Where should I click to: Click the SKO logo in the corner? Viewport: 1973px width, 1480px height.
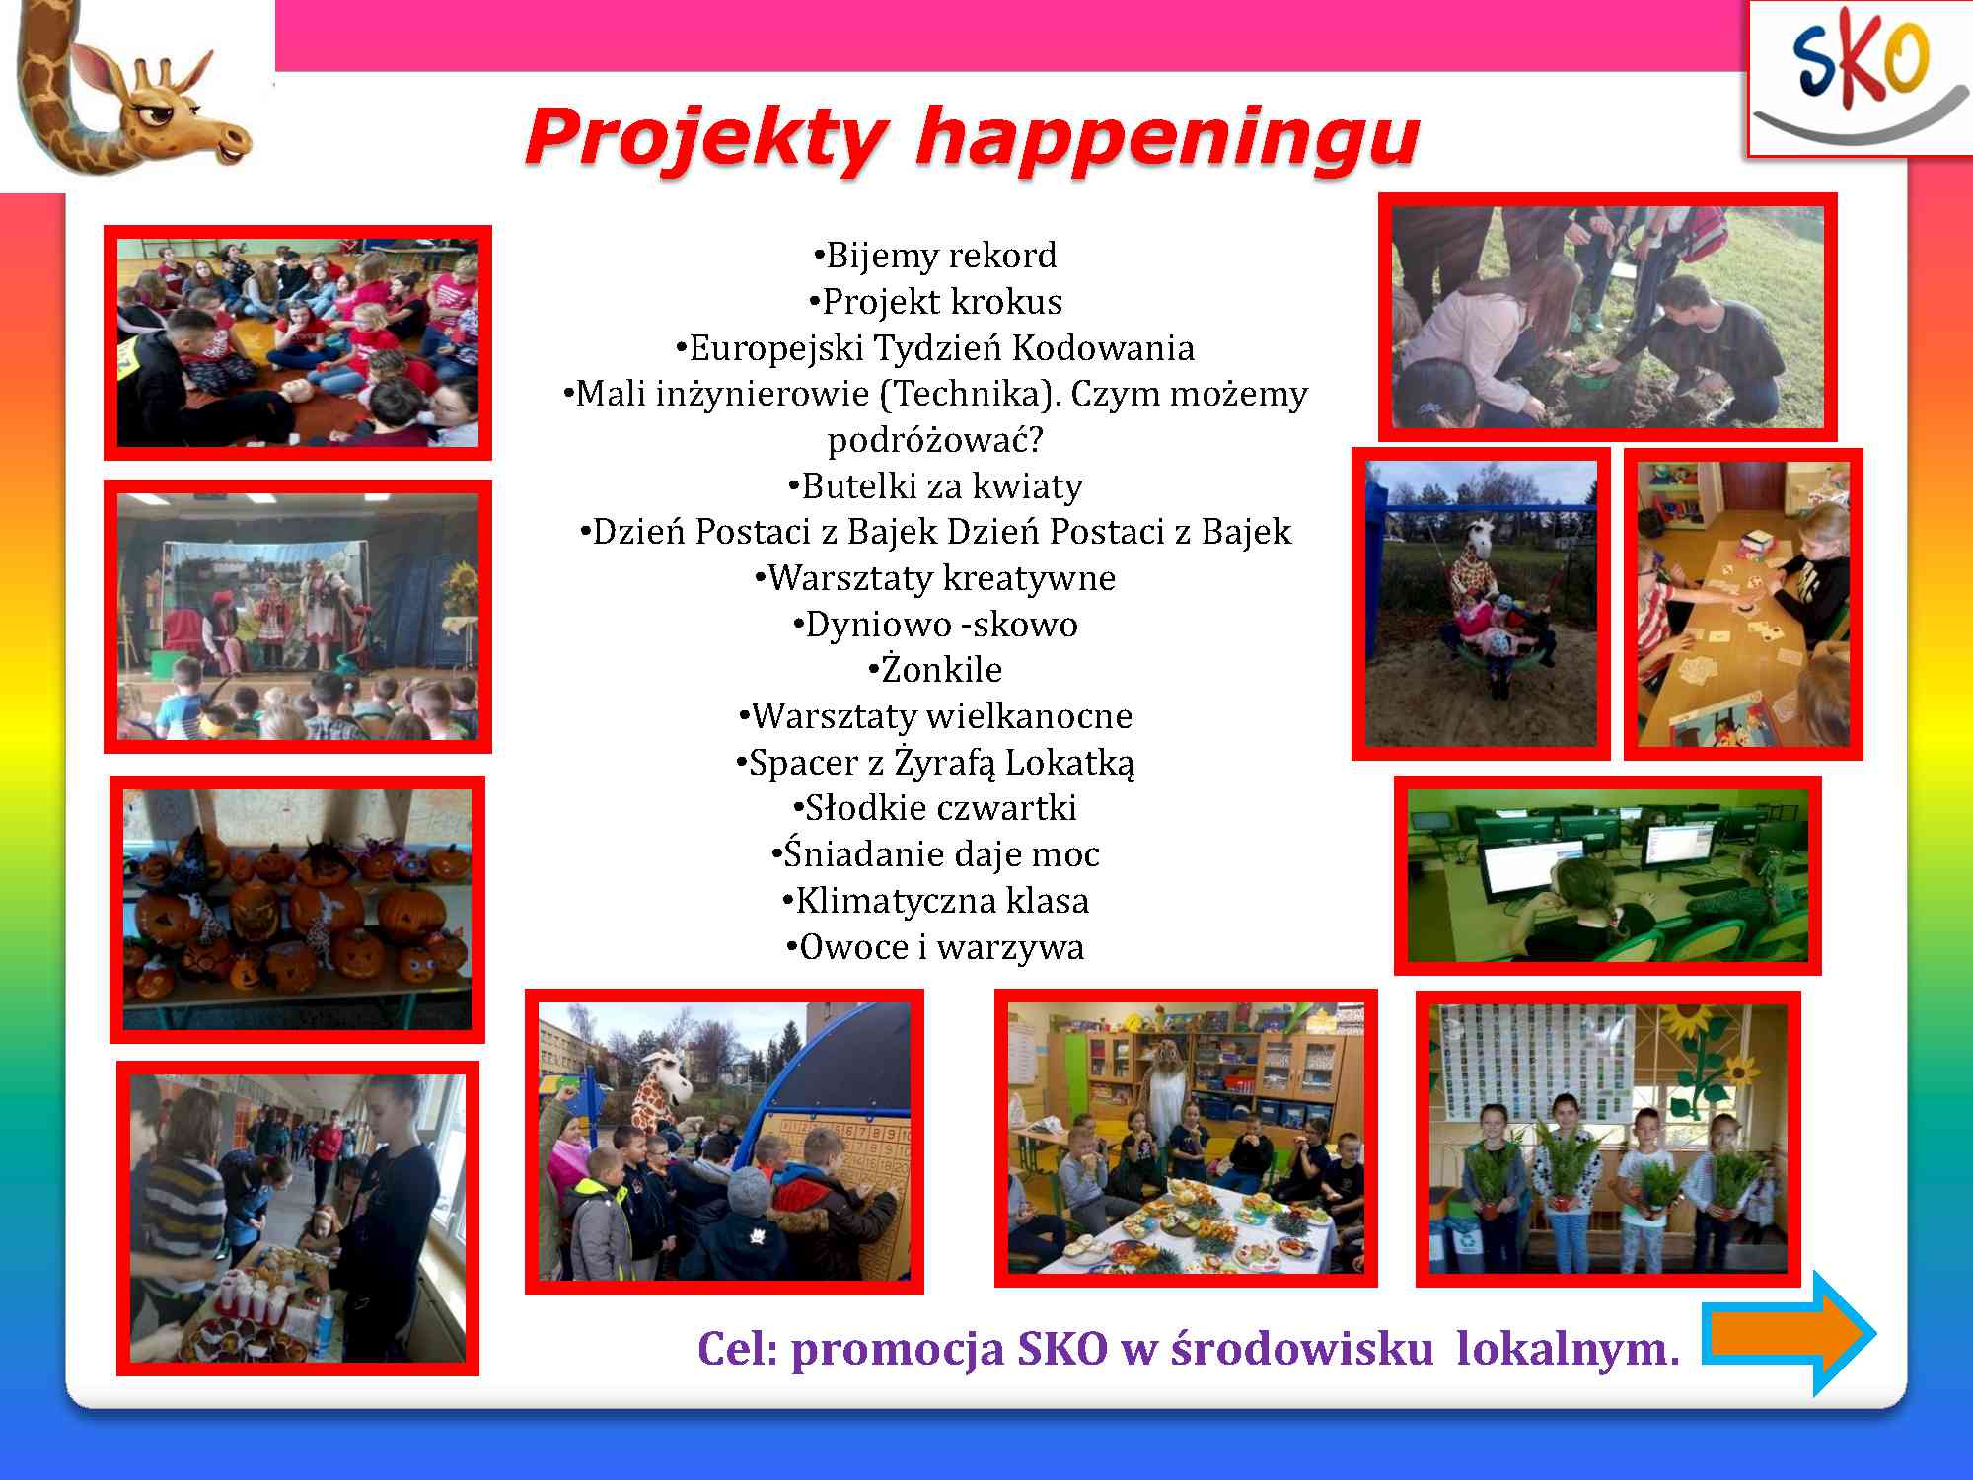click(x=1859, y=79)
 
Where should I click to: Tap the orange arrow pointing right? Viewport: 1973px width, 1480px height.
click(x=1789, y=1333)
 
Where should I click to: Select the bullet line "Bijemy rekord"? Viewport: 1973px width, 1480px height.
click(x=934, y=256)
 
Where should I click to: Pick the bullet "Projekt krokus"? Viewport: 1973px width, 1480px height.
click(x=934, y=301)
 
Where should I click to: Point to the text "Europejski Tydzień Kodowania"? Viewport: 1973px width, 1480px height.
click(x=934, y=347)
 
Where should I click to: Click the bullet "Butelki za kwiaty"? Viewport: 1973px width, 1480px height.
click(x=934, y=485)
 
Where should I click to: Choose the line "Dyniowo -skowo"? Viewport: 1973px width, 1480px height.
click(x=934, y=624)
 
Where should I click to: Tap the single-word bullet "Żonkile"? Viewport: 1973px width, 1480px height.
click(x=934, y=669)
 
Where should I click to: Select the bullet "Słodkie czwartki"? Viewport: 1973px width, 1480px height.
click(x=934, y=807)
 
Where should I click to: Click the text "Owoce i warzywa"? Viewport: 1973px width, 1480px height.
click(x=934, y=946)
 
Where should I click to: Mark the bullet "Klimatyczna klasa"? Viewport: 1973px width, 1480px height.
click(x=934, y=900)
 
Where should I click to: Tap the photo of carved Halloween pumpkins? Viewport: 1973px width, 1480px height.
click(x=297, y=909)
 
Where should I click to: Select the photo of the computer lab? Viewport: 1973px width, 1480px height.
click(x=1607, y=875)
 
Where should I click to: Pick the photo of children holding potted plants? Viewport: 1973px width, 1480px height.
click(x=1608, y=1139)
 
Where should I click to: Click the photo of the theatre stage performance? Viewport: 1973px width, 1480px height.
click(x=297, y=617)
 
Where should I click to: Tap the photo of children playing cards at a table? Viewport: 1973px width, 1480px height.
click(x=1743, y=604)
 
